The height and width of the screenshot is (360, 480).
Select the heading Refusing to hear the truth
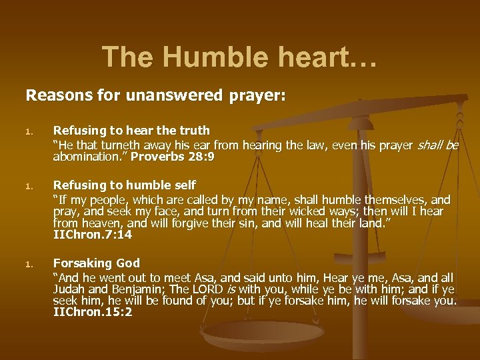coord(131,131)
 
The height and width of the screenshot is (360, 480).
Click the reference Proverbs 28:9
coord(173,157)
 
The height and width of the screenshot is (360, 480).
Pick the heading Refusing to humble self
coord(125,185)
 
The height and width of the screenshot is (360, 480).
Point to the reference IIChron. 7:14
coord(93,235)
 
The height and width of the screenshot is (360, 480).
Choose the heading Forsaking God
coord(96,263)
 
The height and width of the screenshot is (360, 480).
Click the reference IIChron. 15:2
coord(93,311)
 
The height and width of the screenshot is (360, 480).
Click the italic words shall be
coord(438,145)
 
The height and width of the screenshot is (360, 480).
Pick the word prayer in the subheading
coord(257,95)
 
